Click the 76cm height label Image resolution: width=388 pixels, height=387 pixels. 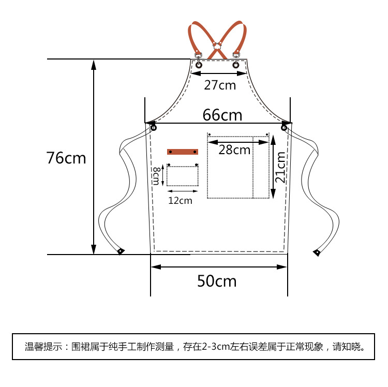pyautogui.click(x=66, y=157)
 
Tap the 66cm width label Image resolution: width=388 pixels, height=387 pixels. pyautogui.click(x=222, y=114)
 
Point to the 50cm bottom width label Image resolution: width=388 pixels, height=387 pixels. pyautogui.click(x=217, y=281)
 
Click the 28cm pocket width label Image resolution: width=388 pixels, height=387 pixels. pyautogui.click(x=234, y=150)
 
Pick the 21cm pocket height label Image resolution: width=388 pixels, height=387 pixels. pyautogui.click(x=280, y=167)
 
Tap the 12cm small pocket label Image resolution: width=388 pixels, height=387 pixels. pyautogui.click(x=180, y=200)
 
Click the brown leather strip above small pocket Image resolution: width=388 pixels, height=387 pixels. pyautogui.click(x=182, y=152)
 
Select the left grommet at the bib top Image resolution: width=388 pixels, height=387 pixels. pyautogui.click(x=199, y=65)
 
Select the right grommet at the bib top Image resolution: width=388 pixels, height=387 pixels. pyautogui.click(x=236, y=65)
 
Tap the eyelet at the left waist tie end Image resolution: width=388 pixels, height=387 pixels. pyautogui.click(x=121, y=251)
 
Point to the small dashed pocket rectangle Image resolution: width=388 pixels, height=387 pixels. pyautogui.click(x=183, y=176)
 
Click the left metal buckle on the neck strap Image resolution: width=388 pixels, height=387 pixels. pyautogui.click(x=198, y=54)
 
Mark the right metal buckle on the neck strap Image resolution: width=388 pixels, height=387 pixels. pyautogui.click(x=236, y=54)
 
